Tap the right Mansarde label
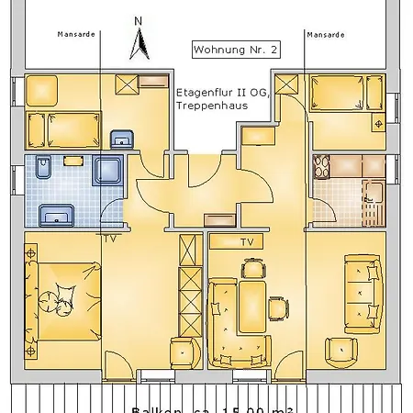click(x=325, y=34)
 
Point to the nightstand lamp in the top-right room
click(x=375, y=122)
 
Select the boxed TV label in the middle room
click(x=247, y=242)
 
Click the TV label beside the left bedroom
click(x=110, y=239)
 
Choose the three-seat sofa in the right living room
click(x=360, y=296)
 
